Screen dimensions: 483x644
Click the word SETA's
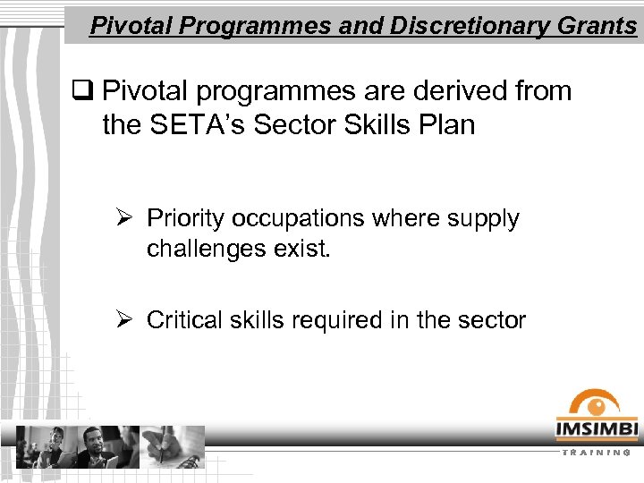pyautogui.click(x=196, y=124)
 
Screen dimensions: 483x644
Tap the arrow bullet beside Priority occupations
pyautogui.click(x=125, y=219)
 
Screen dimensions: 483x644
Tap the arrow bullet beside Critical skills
pyautogui.click(x=125, y=320)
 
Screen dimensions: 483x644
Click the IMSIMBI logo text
pyautogui.click(x=597, y=430)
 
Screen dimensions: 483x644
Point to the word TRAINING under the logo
pyautogui.click(x=597, y=452)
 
